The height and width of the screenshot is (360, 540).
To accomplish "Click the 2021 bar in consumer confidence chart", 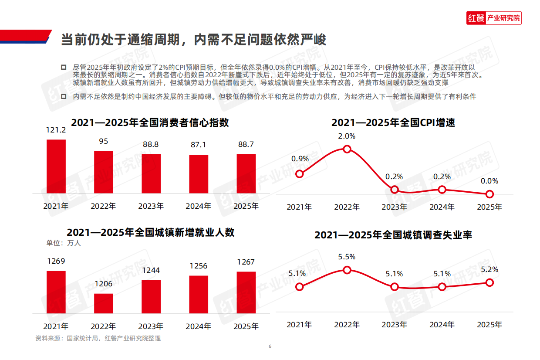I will tap(56, 166).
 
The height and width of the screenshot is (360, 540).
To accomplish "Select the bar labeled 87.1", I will tap(199, 173).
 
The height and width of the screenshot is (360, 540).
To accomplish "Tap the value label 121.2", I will tap(56, 130).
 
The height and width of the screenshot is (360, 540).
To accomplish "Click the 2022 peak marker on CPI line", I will tap(347, 149).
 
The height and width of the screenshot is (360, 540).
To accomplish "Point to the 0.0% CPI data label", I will tap(489, 181).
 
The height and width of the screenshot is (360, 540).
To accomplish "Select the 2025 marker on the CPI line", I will tap(489, 194).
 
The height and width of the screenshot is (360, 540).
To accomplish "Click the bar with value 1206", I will tap(104, 303).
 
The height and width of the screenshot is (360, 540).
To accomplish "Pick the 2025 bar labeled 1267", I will tap(246, 292).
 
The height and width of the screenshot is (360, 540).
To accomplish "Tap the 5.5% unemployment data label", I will tap(347, 257).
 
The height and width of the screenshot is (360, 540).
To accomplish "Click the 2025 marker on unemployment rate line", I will tap(489, 282).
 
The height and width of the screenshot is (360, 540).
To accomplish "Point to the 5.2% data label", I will tap(489, 269).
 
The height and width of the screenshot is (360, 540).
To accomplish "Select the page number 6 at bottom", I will tap(270, 346).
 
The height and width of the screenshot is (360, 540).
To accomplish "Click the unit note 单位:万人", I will tap(64, 243).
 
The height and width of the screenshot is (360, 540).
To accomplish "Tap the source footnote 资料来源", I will tap(98, 338).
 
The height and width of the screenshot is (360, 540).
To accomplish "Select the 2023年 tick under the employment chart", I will tap(151, 326).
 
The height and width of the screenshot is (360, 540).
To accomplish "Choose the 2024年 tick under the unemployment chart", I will tap(442, 324).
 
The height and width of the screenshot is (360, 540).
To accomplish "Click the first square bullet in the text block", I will tap(64, 67).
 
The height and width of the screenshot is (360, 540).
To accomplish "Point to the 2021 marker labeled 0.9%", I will tap(299, 174).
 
